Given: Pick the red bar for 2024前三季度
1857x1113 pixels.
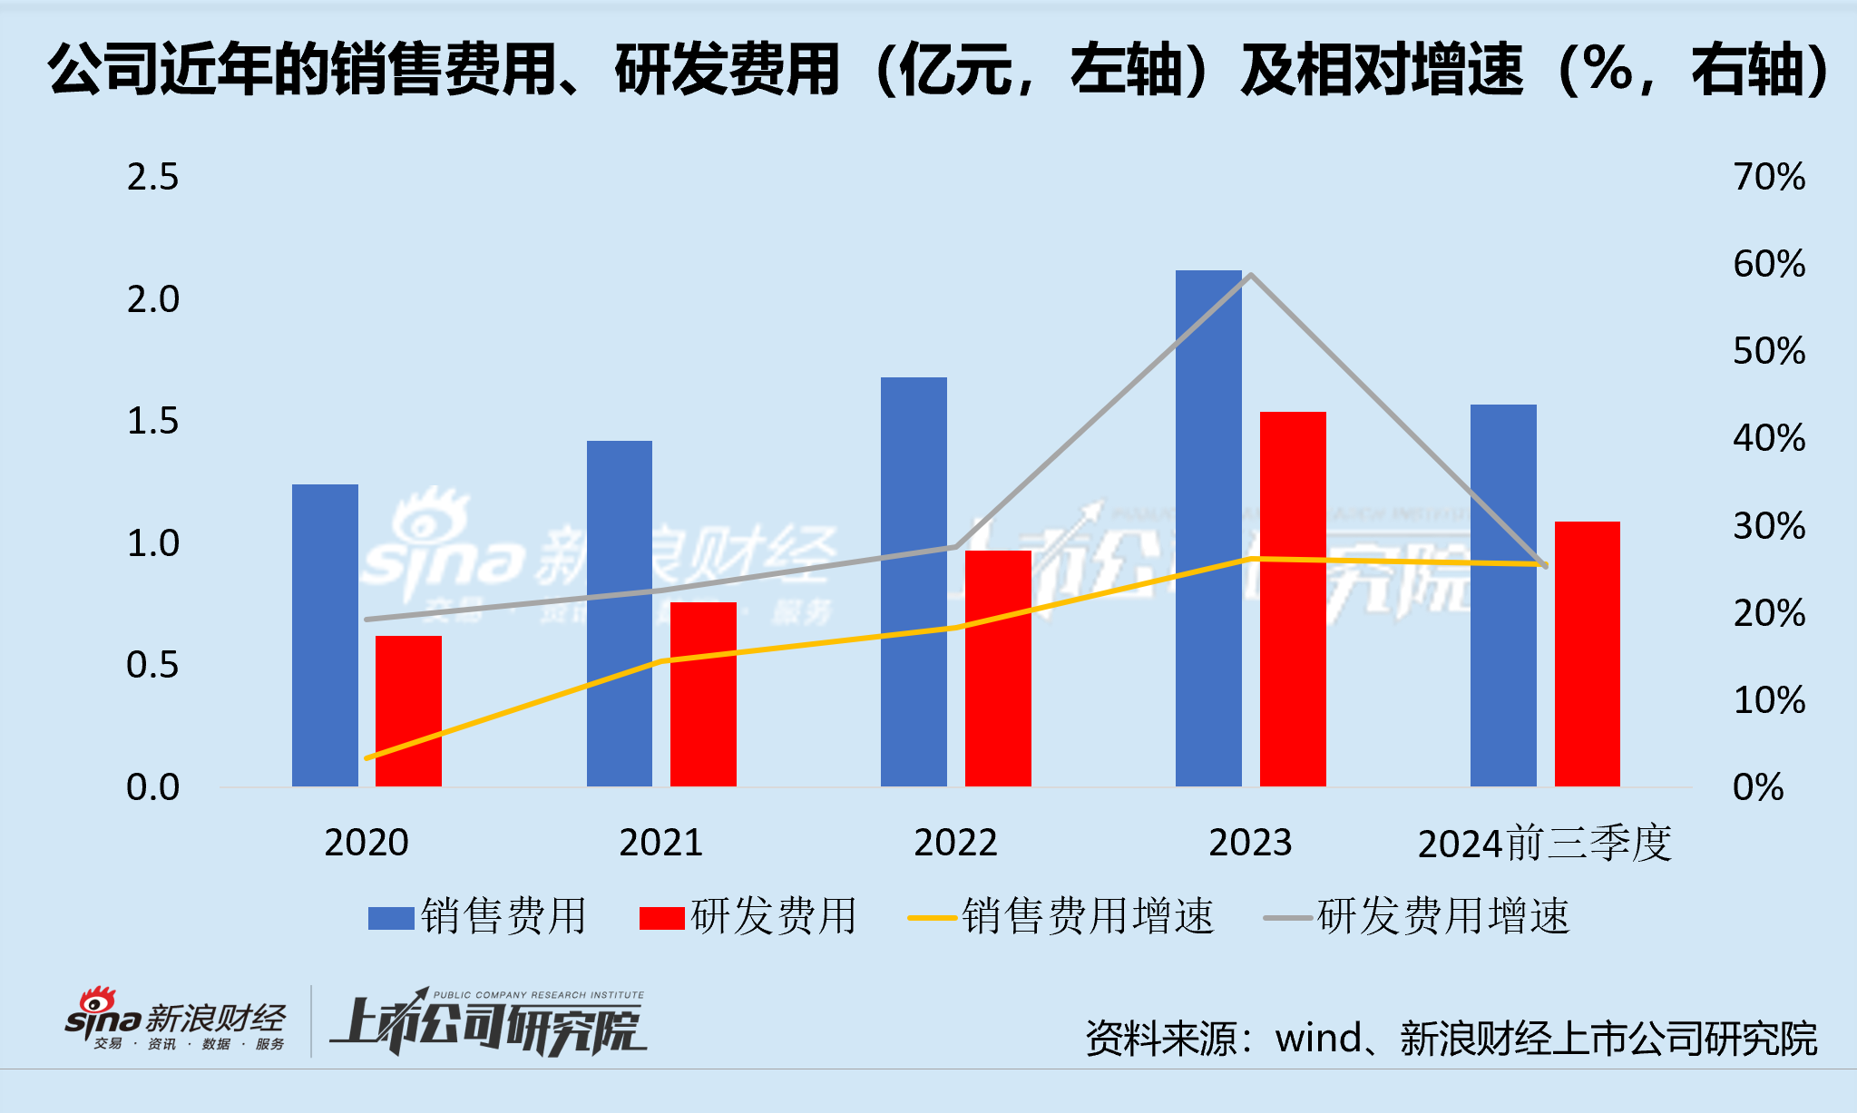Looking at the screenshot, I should click(x=1587, y=653).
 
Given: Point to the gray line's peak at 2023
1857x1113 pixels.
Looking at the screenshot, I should click(x=1251, y=275).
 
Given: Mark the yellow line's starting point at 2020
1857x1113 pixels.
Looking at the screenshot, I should click(x=367, y=757).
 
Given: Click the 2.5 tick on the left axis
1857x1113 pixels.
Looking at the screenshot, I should click(x=152, y=177).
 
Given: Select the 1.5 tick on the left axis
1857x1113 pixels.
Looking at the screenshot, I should click(x=152, y=421).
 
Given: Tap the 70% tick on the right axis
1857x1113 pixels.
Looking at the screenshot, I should click(x=1768, y=177).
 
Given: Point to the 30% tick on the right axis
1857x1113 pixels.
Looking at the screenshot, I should click(x=1768, y=526).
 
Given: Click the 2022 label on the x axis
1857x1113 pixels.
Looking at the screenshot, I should click(x=955, y=843).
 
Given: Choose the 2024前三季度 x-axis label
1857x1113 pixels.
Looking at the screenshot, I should click(x=1544, y=844).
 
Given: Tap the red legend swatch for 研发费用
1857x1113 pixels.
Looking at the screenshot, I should click(x=661, y=918).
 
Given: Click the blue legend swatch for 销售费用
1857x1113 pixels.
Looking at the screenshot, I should click(x=391, y=918).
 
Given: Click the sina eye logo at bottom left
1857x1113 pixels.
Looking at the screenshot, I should click(x=96, y=1001).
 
